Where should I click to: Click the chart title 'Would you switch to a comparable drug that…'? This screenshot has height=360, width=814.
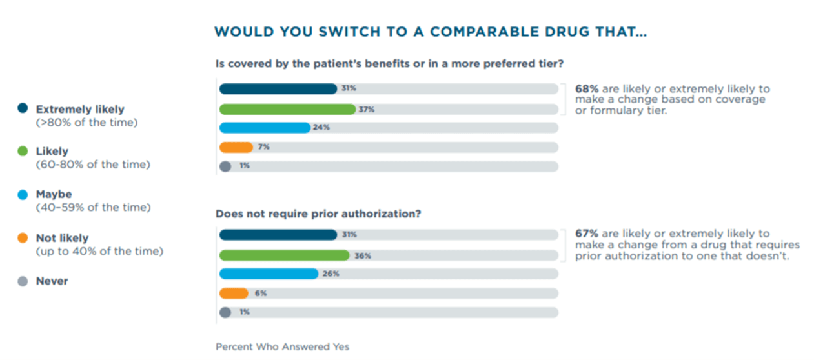(x=430, y=32)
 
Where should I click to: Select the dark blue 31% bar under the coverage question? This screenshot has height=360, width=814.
(x=278, y=89)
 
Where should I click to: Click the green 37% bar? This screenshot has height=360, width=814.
(x=287, y=110)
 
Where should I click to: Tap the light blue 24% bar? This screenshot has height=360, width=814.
(x=265, y=128)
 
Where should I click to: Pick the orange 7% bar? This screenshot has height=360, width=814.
(x=236, y=147)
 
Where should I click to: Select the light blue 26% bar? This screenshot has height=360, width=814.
(x=269, y=274)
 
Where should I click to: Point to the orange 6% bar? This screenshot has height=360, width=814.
(x=234, y=294)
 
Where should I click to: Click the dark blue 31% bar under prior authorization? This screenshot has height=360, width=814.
(x=278, y=235)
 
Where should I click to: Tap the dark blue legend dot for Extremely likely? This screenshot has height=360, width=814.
(x=23, y=109)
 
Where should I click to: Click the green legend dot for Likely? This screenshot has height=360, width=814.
(x=23, y=152)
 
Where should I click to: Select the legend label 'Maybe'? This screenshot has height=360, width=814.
(x=54, y=194)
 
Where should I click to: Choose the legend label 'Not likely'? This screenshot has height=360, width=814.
(x=62, y=238)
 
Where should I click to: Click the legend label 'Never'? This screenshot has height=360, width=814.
(x=52, y=281)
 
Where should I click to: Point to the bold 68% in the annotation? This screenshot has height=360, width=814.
(x=587, y=89)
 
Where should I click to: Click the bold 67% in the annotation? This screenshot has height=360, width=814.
(x=587, y=234)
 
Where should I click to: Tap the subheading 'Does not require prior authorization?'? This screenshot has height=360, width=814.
(x=318, y=214)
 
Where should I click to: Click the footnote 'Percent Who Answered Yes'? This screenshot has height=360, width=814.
(x=282, y=347)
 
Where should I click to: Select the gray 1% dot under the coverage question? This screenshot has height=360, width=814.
(x=225, y=166)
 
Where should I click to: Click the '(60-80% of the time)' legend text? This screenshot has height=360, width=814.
(x=93, y=165)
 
